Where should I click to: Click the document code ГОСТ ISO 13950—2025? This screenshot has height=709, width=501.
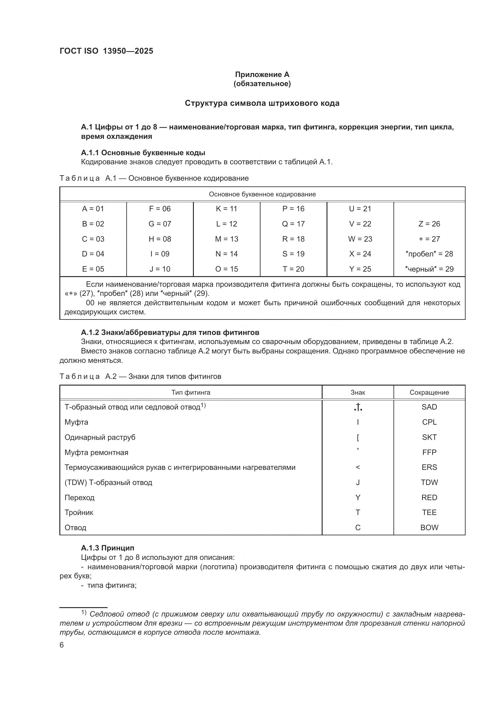pos(106,51)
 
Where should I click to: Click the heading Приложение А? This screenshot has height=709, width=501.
pos(262,75)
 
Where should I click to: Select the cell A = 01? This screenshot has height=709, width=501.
pos(93,209)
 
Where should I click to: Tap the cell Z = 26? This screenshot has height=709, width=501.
pos(429,224)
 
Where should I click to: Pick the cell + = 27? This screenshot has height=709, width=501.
pos(429,239)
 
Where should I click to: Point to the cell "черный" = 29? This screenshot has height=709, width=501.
pos(429,269)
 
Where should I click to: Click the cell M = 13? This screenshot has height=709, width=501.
pos(227,239)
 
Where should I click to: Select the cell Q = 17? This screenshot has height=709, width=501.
pos(293,224)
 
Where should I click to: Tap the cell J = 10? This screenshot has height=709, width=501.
pos(160,269)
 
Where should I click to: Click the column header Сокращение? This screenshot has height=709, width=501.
pos(429,393)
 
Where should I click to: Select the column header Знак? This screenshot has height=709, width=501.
pos(357,393)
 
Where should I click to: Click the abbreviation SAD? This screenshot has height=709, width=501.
pos(429,407)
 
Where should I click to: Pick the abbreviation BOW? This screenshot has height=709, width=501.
pos(429,528)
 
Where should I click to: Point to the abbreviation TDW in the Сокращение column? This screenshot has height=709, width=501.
pos(429,482)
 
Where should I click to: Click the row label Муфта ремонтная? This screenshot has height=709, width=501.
pos(96,452)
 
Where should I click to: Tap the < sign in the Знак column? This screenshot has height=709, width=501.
pos(357,467)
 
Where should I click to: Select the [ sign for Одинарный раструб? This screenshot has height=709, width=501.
pos(357,438)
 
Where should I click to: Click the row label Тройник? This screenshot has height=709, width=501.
pos(79,513)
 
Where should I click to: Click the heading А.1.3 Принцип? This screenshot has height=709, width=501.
pos(107,548)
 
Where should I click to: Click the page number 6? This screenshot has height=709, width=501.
pos(62,645)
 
